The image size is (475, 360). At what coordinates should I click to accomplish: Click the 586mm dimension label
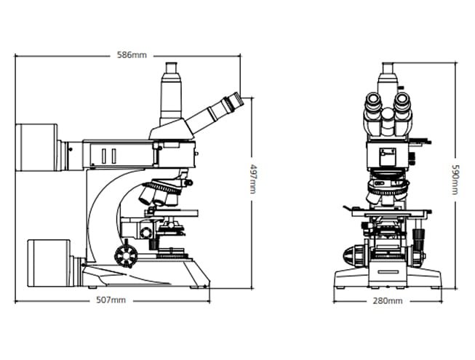(x=132, y=55)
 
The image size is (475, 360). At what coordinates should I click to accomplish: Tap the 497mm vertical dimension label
(x=252, y=177)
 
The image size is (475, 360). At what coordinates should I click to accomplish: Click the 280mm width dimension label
(x=387, y=300)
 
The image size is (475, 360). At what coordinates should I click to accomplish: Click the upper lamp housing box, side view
(x=37, y=145)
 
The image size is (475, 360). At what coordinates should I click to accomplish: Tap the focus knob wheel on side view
(x=125, y=254)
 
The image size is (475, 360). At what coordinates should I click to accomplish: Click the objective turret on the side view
(x=159, y=193)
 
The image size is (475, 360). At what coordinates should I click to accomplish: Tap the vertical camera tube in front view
(x=388, y=76)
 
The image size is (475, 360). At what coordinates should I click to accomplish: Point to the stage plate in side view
(x=173, y=213)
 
